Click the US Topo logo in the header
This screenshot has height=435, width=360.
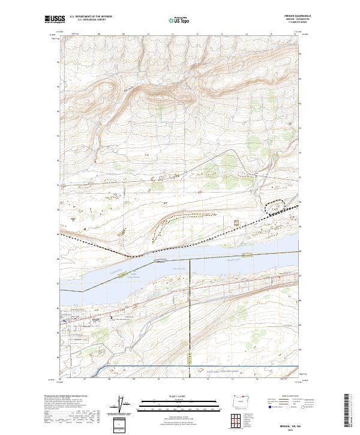(x=179, y=20)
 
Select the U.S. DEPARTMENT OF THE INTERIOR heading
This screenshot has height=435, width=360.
(x=91, y=16)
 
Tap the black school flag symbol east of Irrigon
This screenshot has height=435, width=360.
(x=111, y=318)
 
